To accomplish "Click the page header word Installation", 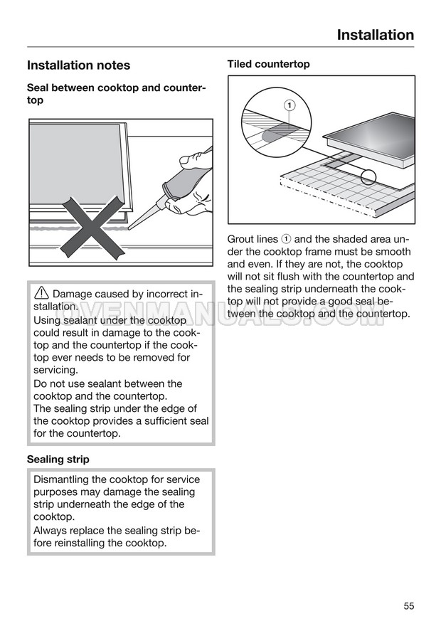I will [x=375, y=35].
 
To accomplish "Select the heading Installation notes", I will [x=78, y=65].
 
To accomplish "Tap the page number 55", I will [x=408, y=606].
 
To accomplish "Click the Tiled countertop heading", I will [x=268, y=64].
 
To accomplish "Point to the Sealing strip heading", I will [x=58, y=459].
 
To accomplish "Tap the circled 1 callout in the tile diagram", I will [x=289, y=106].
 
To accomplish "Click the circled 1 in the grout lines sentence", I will [x=286, y=240].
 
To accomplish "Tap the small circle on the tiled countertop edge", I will [x=368, y=177].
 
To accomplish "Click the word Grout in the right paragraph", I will [x=242, y=240].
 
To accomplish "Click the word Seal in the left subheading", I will [x=39, y=87].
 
